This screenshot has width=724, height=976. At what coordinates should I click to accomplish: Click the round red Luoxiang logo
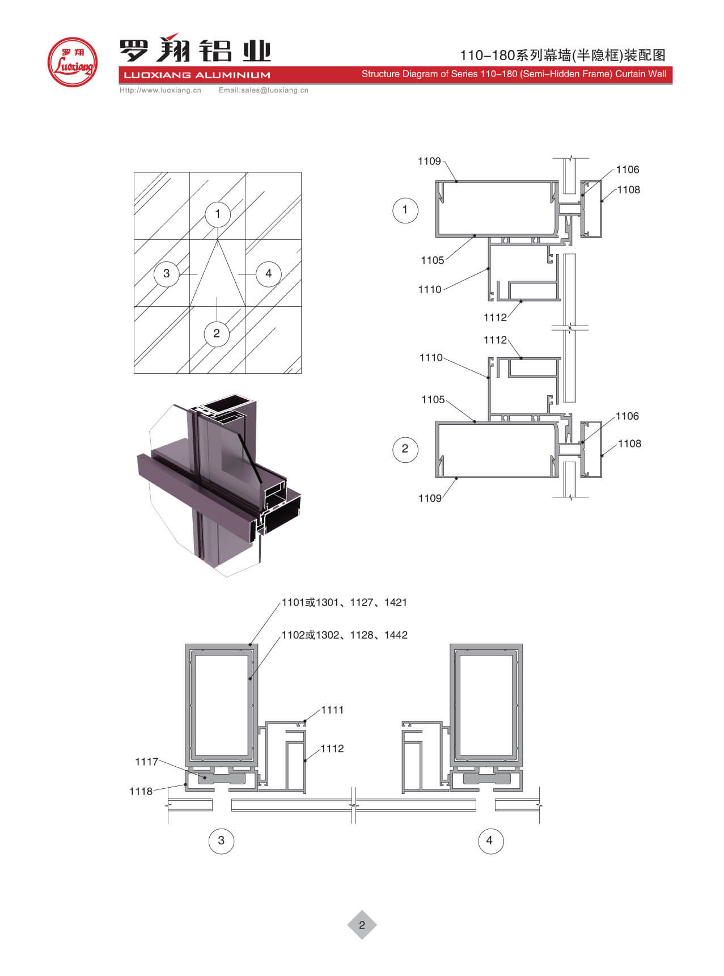(72, 62)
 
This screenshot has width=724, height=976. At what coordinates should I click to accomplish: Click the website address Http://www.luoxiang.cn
(160, 90)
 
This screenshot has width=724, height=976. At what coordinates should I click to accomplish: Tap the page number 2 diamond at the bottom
(362, 925)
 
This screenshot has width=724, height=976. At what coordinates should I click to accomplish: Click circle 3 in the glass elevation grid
(166, 273)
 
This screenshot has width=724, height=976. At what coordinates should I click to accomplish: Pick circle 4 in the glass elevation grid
(268, 273)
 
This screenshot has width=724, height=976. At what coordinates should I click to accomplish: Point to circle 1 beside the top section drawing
(405, 210)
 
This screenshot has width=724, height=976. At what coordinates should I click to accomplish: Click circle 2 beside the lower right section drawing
(405, 449)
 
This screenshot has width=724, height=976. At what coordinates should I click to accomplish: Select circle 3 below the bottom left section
(221, 840)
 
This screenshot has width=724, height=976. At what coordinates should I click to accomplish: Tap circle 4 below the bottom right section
(490, 840)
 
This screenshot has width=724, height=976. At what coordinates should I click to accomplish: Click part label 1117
(146, 762)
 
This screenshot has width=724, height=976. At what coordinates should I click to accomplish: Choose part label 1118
(141, 791)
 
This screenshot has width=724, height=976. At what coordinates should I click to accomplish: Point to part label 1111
(332, 710)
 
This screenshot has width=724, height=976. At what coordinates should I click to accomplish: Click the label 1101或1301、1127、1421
(345, 602)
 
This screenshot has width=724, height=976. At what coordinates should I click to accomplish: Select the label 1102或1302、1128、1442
(345, 635)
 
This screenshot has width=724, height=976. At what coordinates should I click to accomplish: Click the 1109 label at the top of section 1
(429, 162)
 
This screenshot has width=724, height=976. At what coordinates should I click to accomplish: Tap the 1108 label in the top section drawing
(629, 190)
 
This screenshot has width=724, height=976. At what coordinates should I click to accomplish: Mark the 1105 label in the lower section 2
(433, 400)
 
